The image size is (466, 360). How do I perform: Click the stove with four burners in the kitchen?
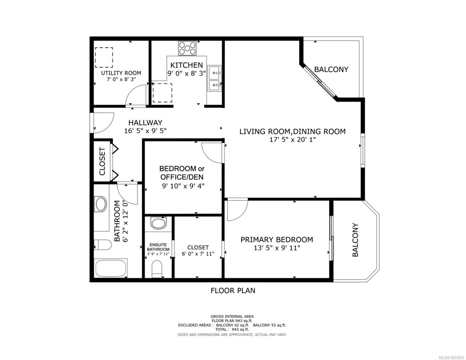click(187, 48)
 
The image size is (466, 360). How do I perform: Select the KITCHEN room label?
click(187, 65)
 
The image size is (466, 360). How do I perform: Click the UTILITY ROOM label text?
click(121, 73)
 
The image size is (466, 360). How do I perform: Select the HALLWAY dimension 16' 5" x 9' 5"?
click(145, 131)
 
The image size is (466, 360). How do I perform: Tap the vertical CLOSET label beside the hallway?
click(102, 161)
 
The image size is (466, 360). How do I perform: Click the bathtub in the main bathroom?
click(111, 268)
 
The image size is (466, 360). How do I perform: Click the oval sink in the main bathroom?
click(101, 204)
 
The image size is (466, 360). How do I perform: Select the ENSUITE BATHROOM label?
click(158, 247)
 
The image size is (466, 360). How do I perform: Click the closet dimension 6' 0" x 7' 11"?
click(198, 254)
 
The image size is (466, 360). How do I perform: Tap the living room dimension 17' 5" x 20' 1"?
click(292, 139)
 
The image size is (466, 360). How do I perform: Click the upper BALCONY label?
click(331, 69)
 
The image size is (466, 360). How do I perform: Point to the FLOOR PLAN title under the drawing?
click(233, 290)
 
